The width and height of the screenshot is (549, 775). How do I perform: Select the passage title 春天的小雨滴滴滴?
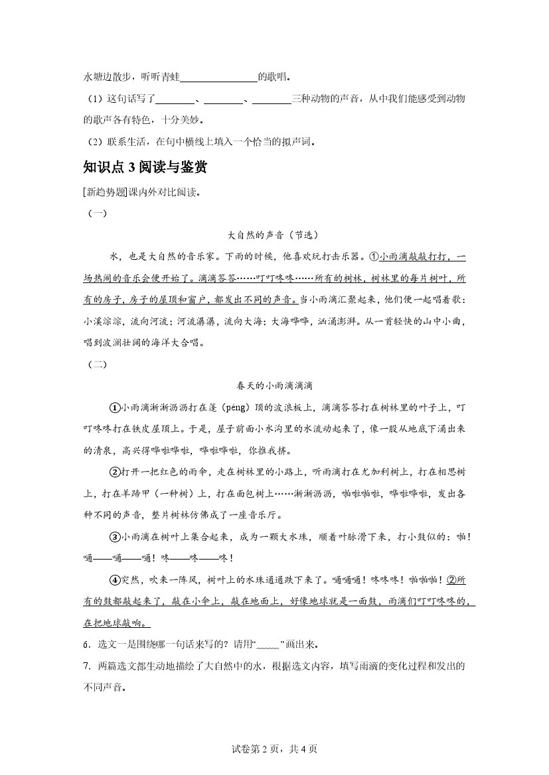[274, 385]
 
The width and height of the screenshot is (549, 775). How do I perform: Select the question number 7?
[86, 666]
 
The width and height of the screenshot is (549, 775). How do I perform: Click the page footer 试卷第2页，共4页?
[274, 749]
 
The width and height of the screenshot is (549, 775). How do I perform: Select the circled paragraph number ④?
[114, 580]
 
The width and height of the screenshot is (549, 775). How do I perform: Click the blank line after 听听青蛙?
[218, 78]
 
